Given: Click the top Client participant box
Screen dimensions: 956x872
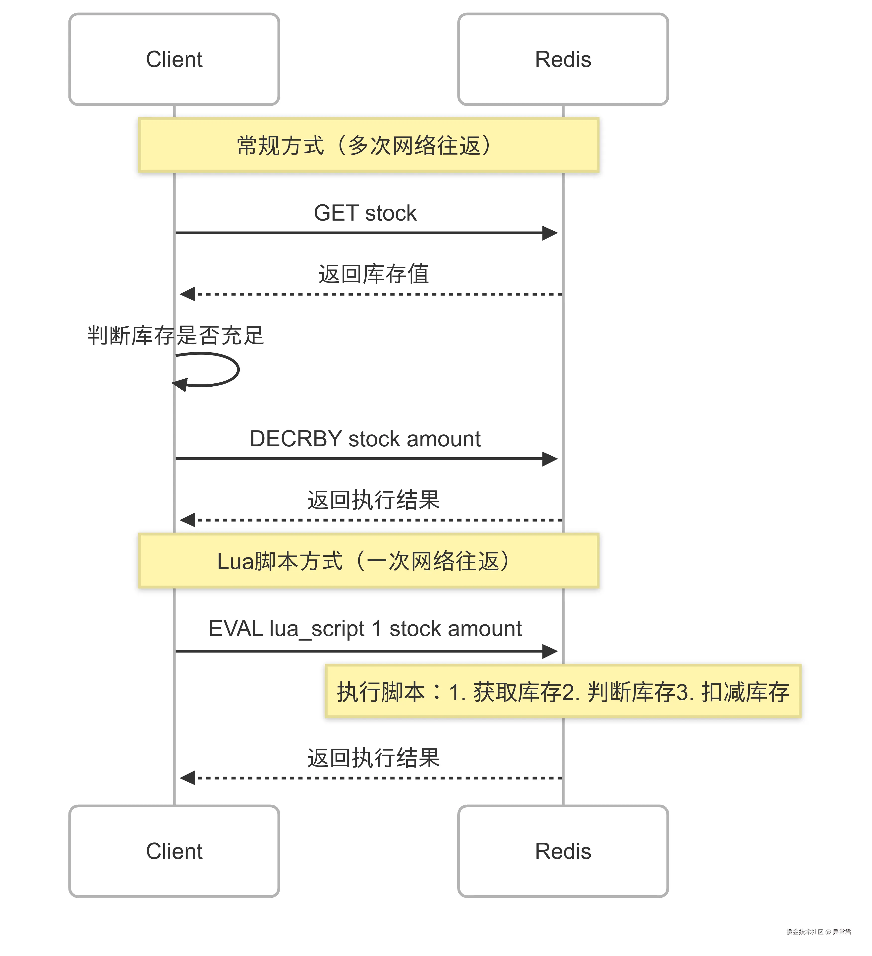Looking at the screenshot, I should [x=174, y=59].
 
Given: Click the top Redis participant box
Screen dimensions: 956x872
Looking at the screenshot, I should [x=563, y=59].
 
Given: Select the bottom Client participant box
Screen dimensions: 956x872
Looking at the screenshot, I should [x=174, y=851].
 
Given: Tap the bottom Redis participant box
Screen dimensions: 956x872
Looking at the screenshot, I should [x=563, y=851].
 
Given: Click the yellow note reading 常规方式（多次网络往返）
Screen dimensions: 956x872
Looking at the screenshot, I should [x=368, y=145].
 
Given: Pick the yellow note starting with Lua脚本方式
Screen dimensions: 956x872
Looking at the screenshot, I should [x=368, y=561].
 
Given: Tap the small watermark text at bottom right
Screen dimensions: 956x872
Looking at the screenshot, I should [x=818, y=932].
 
